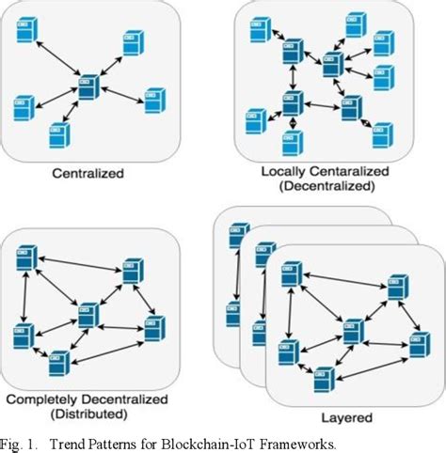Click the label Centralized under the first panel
coord(88,174)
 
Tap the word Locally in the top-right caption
coord(280,173)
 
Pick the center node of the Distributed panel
coord(88,314)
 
